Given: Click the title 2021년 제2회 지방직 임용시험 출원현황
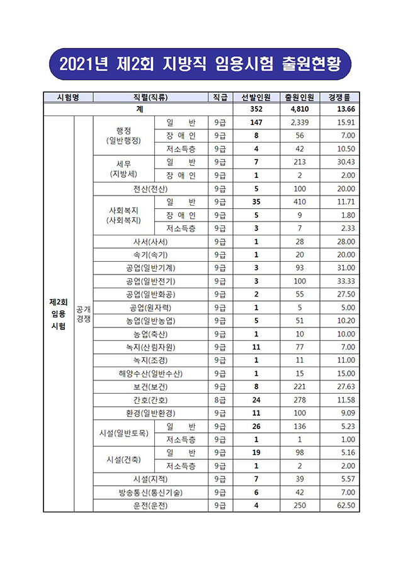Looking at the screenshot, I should click(x=201, y=64).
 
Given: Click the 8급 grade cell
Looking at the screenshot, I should click(x=220, y=400).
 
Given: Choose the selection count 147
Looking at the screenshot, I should click(x=256, y=122).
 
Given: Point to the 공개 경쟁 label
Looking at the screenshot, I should click(x=83, y=314).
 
